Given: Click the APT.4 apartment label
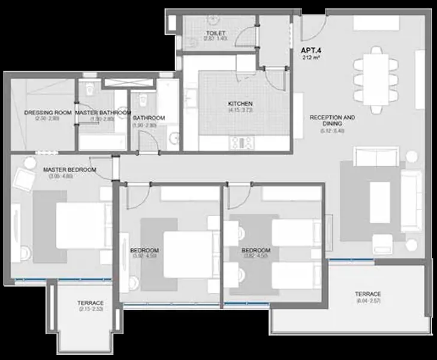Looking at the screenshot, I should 312,52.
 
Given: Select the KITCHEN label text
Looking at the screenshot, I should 240,104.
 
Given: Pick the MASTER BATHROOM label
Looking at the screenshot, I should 103,112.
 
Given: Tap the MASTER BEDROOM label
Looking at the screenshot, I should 70,170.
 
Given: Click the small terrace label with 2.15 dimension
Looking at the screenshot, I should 91,303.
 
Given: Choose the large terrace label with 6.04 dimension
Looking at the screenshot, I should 367,293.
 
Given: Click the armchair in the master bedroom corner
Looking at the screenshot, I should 26,179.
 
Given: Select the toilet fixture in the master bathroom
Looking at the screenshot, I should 90,90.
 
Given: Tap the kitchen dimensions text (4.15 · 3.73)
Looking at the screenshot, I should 240,110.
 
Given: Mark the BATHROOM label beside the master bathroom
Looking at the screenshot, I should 149,118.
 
